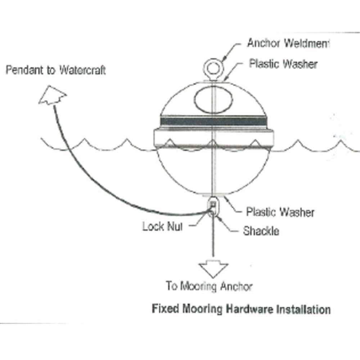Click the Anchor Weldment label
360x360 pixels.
288,44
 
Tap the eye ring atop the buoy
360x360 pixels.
213,67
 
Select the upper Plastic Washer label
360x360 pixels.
283,64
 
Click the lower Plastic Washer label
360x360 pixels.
280,212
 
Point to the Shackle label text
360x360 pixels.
261,231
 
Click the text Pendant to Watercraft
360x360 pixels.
56,70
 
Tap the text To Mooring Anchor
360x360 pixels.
209,287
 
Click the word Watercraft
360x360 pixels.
82,70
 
